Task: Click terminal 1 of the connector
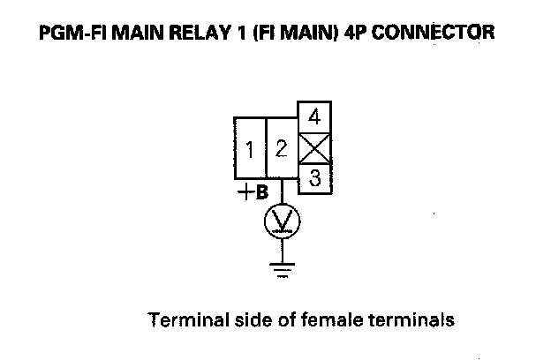pos(250,149)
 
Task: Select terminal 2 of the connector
pos(282,149)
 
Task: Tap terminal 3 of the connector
pos(314,176)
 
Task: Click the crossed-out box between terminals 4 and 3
pos(314,147)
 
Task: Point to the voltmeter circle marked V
pos(283,221)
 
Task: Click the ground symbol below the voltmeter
pos(283,268)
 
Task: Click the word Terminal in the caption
pos(182,319)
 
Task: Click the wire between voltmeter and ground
pos(283,249)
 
